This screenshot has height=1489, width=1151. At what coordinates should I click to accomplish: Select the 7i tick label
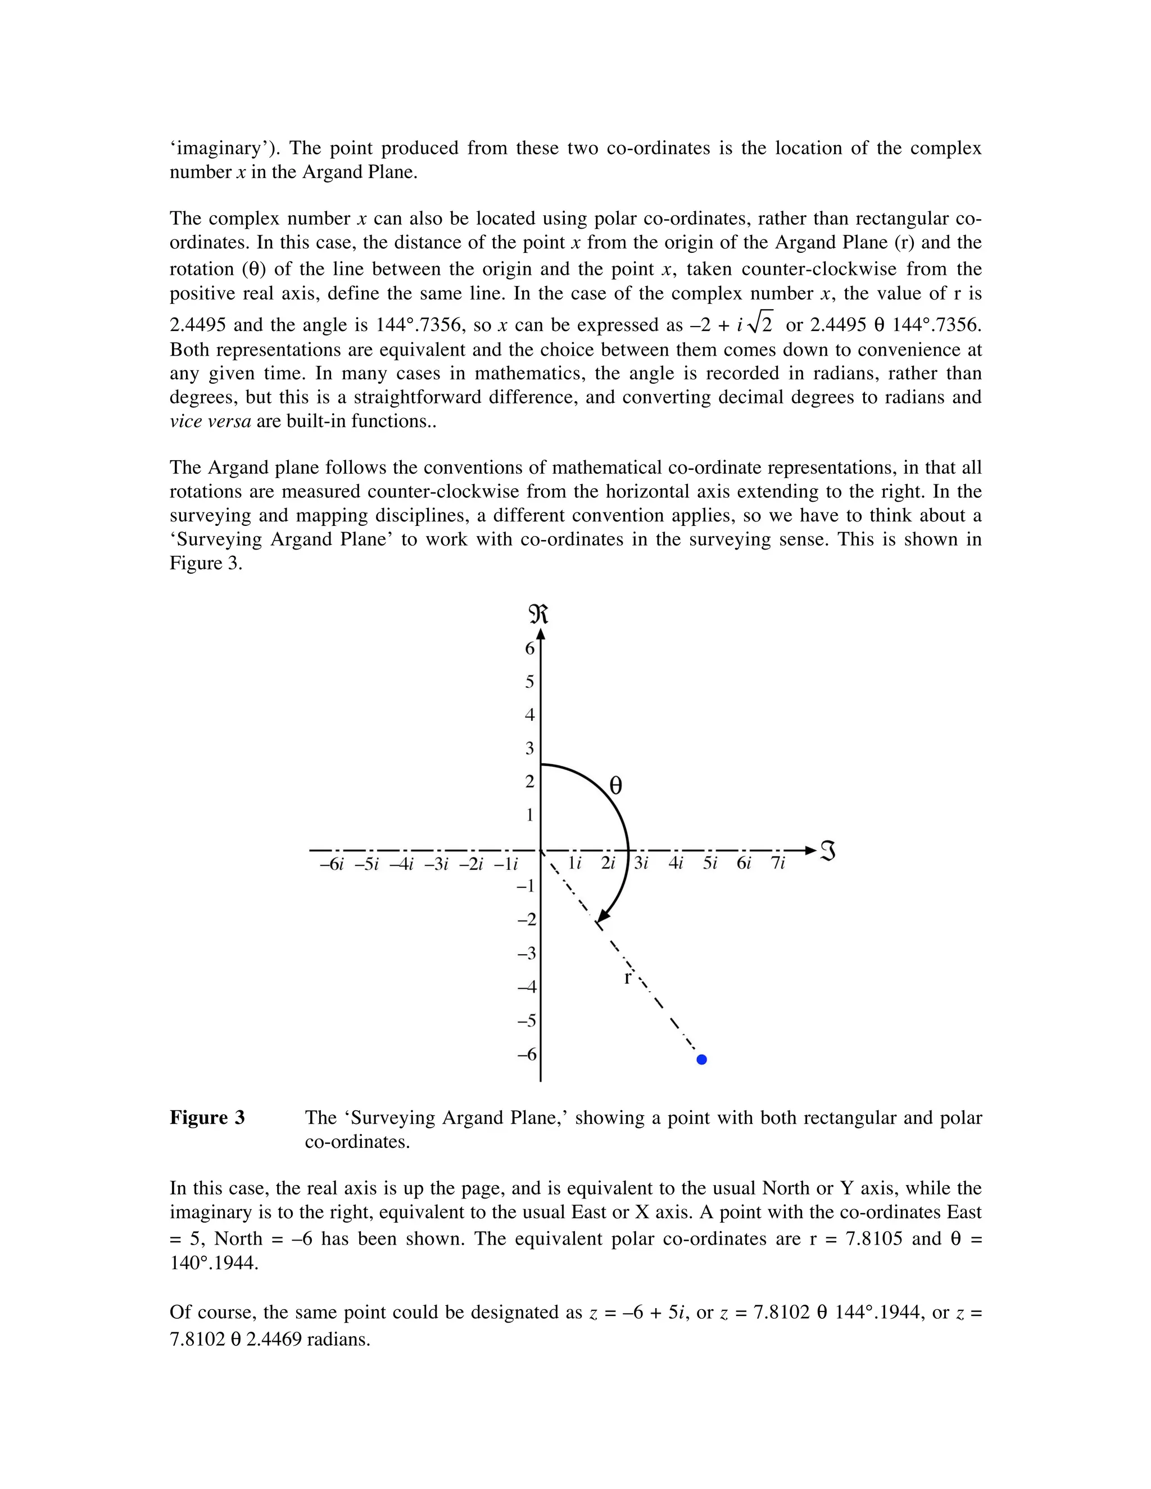[777, 863]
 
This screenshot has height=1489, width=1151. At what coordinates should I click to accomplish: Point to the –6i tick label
[332, 865]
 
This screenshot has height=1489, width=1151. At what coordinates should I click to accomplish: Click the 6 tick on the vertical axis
[530, 648]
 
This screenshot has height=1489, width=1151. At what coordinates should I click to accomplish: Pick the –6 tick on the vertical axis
[527, 1054]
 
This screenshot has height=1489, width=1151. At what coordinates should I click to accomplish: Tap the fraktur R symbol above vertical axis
[538, 614]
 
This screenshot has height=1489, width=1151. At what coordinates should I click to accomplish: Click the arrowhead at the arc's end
[602, 916]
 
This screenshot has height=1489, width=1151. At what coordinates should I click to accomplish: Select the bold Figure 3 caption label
[207, 1118]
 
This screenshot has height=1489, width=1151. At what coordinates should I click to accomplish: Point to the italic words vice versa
[210, 421]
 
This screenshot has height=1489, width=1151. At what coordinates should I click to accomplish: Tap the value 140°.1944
[214, 1263]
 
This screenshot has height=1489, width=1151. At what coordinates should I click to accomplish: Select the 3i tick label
[641, 863]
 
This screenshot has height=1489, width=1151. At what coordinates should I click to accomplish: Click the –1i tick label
[505, 865]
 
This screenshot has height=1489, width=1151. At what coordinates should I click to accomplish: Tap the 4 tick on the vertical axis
[530, 715]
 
